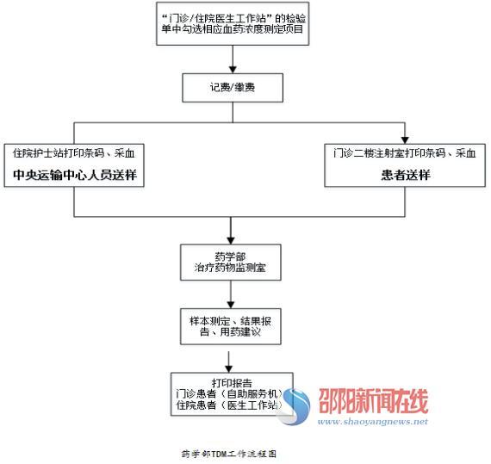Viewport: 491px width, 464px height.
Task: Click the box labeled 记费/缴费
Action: point(233,88)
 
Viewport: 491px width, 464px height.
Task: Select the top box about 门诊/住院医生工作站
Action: point(233,23)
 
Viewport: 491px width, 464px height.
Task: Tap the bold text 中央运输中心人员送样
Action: point(75,175)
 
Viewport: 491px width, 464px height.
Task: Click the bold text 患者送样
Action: point(406,175)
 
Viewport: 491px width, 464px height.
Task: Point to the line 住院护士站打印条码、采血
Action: point(74,153)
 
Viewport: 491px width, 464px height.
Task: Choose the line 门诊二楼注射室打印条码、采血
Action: point(405,153)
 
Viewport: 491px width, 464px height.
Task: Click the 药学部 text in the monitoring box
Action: point(231,257)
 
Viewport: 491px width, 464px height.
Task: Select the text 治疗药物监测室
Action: point(231,268)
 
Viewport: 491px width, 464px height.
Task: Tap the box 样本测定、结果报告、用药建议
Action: point(231,326)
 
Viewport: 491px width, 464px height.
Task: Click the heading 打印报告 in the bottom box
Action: point(232,383)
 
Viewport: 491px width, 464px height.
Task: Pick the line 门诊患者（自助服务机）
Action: point(229,393)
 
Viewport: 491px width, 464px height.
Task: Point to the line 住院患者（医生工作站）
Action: point(229,405)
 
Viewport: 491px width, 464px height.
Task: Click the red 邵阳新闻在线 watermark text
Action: point(373,401)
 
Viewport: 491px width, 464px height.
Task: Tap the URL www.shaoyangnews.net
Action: point(373,422)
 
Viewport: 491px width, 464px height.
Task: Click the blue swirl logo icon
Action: point(294,406)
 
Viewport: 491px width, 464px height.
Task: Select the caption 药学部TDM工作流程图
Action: point(229,454)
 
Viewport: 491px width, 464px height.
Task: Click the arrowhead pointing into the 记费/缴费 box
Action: point(233,70)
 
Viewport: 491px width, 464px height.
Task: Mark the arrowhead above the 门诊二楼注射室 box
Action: point(405,139)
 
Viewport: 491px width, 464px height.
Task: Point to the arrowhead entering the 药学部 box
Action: point(231,240)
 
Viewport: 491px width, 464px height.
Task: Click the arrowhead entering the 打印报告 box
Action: point(229,368)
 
